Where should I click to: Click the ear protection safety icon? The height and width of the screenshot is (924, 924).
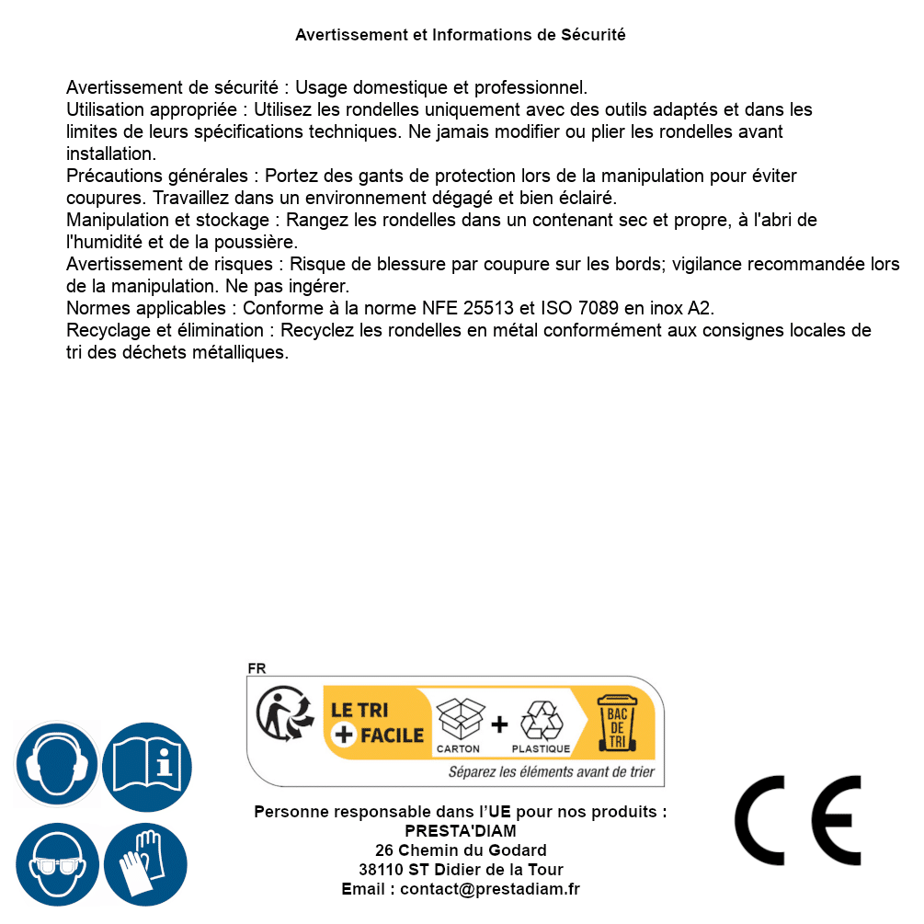56,765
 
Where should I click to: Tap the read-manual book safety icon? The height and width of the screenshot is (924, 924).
147,765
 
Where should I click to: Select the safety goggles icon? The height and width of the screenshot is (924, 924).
56,864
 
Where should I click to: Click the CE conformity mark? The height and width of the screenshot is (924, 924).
798,820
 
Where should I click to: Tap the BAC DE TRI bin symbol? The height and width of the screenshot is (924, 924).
618,723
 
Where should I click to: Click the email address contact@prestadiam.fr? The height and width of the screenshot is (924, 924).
490,889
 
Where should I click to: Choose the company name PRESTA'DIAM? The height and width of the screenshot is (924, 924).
461,831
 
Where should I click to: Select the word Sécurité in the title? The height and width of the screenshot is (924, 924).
593,35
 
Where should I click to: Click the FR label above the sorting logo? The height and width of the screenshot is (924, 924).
257,668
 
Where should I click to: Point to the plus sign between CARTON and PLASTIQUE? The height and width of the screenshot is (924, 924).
499,724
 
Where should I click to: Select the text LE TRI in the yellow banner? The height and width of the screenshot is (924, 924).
361,711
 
